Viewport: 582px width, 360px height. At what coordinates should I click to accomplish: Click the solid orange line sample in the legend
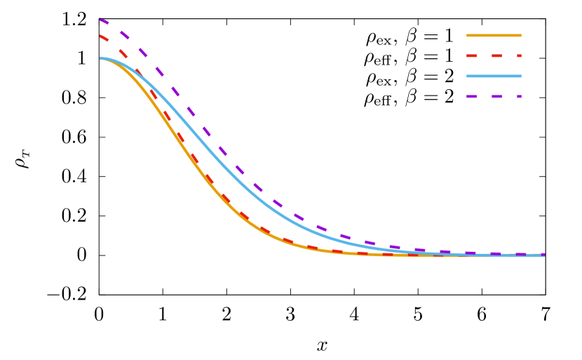point(494,35)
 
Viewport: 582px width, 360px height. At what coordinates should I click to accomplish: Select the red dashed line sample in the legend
point(494,55)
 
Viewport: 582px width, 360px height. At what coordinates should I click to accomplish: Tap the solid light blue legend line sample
point(494,76)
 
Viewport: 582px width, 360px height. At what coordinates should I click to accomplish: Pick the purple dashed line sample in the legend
point(494,96)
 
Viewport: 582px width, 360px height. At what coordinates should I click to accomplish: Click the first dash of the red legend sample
point(471,55)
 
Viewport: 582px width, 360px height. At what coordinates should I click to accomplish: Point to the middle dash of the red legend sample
point(496,55)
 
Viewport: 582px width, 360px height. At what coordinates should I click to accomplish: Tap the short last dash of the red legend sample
point(519,55)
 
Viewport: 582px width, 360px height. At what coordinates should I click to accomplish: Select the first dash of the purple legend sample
point(471,96)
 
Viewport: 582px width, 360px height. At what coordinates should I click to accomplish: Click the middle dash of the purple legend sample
point(496,96)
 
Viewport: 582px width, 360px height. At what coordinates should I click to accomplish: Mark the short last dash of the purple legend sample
point(519,96)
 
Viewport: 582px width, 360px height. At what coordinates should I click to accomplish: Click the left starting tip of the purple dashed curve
point(101,20)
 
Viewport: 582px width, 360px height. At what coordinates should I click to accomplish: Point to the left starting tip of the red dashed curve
point(101,36)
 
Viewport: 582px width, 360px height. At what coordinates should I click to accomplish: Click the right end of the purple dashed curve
point(543,254)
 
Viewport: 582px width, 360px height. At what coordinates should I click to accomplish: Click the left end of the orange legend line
point(468,35)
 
